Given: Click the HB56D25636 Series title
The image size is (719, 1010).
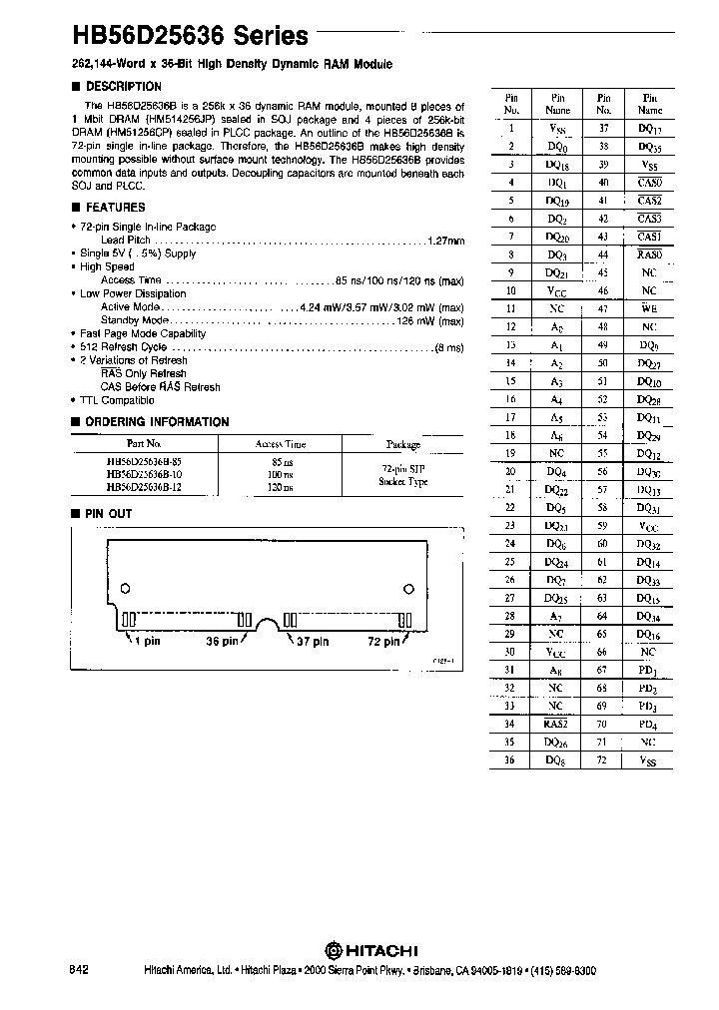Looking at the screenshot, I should click(x=189, y=36).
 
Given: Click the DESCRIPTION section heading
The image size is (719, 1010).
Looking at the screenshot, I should click(x=124, y=87).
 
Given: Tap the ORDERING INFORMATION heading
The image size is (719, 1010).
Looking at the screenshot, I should click(x=156, y=422).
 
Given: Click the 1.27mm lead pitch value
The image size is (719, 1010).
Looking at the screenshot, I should click(x=445, y=241).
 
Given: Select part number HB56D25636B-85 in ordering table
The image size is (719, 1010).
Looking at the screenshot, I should click(x=143, y=462).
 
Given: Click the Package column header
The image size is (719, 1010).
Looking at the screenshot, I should click(x=403, y=445).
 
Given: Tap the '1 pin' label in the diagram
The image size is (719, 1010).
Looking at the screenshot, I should click(x=147, y=642).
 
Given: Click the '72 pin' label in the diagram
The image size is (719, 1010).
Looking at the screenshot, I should click(x=381, y=642).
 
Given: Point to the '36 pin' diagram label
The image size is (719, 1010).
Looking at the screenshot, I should click(x=221, y=642).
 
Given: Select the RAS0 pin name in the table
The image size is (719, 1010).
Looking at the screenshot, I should click(x=649, y=253).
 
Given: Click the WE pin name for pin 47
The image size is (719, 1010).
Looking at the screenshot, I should click(x=649, y=308).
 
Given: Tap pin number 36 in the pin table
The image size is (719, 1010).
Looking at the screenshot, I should click(x=510, y=761).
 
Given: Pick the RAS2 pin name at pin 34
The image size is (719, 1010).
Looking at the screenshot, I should click(x=556, y=725).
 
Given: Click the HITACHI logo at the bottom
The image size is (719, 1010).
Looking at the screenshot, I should click(x=370, y=949).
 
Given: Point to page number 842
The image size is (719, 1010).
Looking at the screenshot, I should click(x=81, y=970).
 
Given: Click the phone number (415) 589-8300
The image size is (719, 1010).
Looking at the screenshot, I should click(x=558, y=970).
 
